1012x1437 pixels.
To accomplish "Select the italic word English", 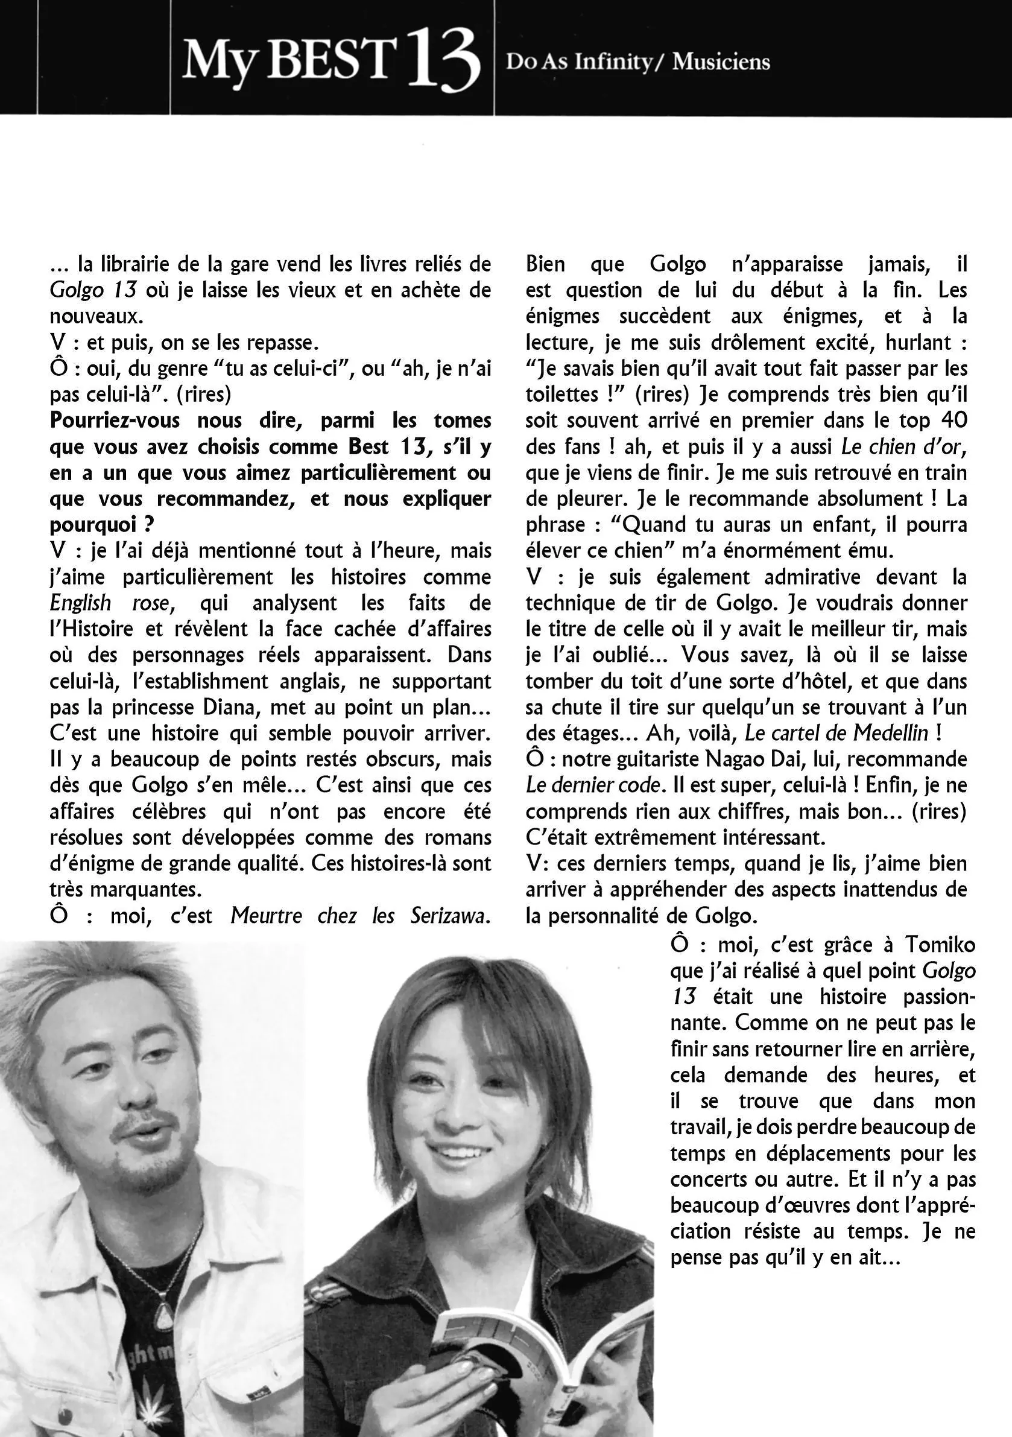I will click(x=80, y=603).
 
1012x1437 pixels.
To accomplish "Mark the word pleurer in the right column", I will click(x=578, y=499).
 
